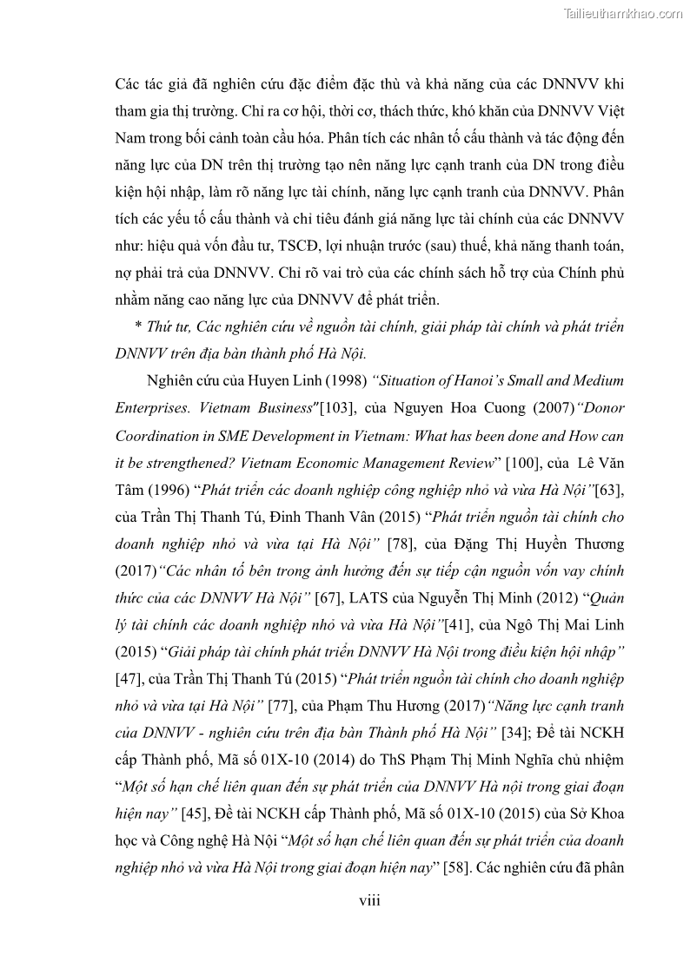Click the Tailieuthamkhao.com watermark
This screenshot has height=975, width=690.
[x=623, y=13]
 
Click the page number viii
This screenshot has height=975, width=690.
[x=369, y=900]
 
